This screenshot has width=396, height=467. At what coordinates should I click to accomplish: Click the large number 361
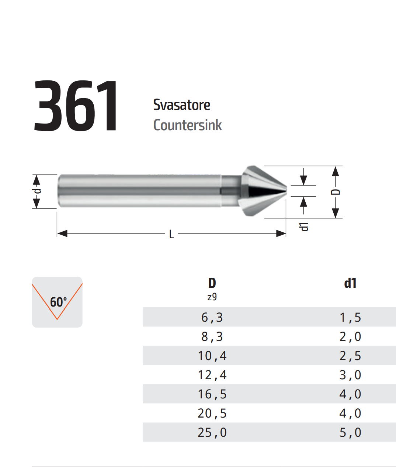(76, 106)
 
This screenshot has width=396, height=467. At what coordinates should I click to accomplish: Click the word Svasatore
(182, 105)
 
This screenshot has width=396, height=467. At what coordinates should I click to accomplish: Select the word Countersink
(188, 125)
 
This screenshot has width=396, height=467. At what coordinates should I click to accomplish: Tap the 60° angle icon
(57, 302)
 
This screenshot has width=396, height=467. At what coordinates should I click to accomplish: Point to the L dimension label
(171, 235)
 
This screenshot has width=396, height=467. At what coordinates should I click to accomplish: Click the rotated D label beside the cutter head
(336, 192)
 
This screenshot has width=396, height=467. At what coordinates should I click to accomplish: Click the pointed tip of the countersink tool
(286, 191)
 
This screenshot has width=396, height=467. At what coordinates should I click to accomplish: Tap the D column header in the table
(212, 283)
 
